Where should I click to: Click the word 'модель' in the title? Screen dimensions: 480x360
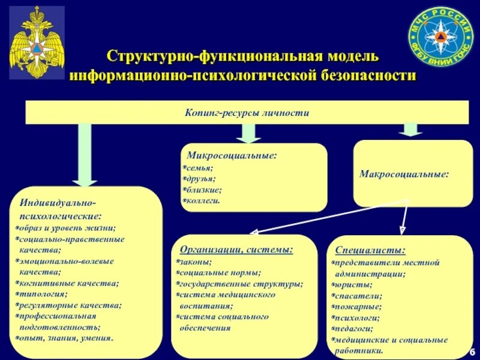[353, 57]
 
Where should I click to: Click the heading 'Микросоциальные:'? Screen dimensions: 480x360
[232, 155]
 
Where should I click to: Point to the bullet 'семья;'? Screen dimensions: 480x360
[199, 169]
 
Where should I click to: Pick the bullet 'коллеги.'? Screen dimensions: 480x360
[202, 200]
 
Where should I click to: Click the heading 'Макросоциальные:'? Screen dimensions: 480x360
[404, 174]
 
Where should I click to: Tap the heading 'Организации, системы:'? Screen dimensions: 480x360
[236, 249]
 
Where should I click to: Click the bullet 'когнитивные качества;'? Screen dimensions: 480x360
[68, 283]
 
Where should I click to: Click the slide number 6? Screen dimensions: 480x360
[472, 351]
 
